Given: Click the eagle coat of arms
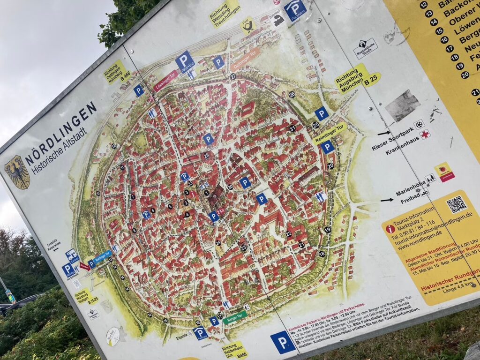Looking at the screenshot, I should point(17,172).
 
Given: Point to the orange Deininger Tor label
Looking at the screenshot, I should point(245,60).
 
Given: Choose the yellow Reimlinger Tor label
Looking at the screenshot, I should point(330,134).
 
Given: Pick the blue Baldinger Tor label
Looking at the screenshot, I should point(103,257).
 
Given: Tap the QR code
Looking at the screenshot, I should point(456,204).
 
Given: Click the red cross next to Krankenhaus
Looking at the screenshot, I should point(425,135).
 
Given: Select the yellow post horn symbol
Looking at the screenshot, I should point(247,25).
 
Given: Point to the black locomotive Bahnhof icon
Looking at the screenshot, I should point(278,20).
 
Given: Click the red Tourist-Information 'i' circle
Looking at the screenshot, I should point(390,229).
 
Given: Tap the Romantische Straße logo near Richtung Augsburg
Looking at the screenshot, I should point(365,48).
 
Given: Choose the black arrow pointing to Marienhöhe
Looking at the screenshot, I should point(387,200).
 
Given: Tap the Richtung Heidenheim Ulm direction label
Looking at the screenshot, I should point(234,350).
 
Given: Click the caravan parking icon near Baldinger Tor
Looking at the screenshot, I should point(71,255).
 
